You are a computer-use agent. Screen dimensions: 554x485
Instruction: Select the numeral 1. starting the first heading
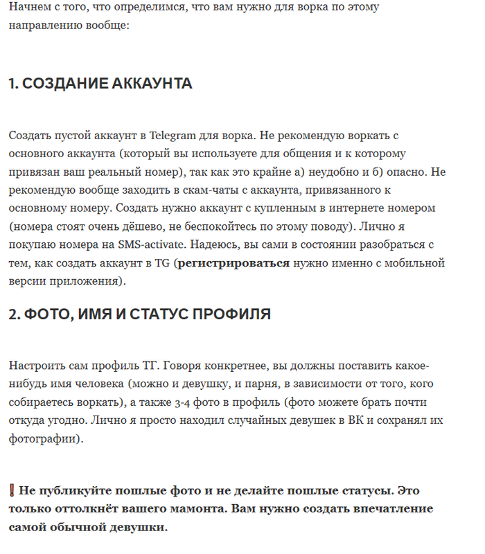14,84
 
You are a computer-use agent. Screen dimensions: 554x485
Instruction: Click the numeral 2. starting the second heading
15,314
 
